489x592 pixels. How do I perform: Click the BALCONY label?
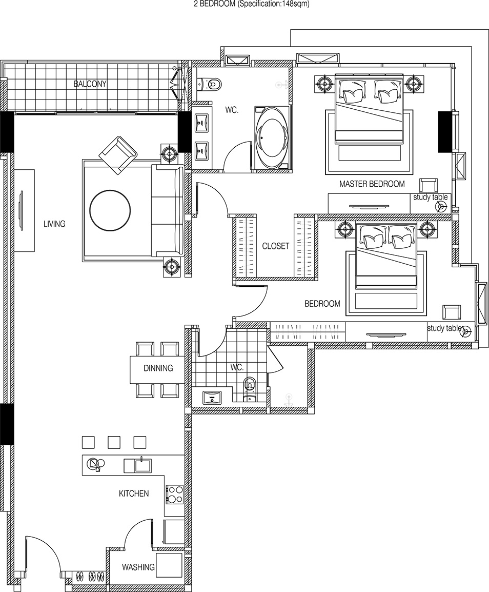tap(90, 84)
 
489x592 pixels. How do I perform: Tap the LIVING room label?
tap(54, 224)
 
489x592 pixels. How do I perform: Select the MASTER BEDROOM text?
tap(372, 184)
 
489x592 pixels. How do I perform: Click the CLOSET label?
tap(276, 246)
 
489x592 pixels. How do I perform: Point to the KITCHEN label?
tap(134, 494)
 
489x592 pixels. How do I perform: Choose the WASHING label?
tap(138, 567)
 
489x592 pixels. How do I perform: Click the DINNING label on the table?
tap(158, 368)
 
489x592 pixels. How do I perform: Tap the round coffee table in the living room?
tap(110, 210)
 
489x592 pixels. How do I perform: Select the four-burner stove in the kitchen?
tap(175, 494)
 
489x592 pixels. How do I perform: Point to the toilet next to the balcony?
tap(211, 83)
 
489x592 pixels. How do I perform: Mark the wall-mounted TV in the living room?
tap(21, 210)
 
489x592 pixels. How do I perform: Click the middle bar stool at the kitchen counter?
tap(114, 442)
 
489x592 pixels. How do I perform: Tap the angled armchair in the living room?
tap(118, 154)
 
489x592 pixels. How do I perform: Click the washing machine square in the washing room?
tap(169, 565)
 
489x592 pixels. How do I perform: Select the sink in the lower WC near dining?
tap(212, 398)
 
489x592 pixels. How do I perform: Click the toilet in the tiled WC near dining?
tap(250, 386)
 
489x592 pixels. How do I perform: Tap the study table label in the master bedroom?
tap(431, 197)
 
